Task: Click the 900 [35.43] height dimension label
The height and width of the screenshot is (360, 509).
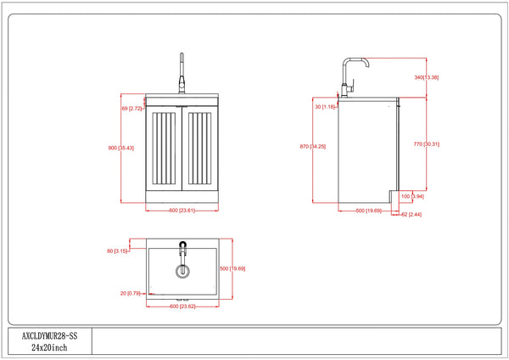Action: (x=121, y=149)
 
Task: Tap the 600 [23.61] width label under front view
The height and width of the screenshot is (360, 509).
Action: (x=182, y=211)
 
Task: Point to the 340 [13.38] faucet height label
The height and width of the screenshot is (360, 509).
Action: (x=426, y=77)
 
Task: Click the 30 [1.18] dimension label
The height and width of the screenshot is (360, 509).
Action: (x=326, y=107)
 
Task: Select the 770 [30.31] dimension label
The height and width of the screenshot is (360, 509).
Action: (x=426, y=144)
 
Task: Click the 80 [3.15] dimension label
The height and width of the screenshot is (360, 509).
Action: (x=117, y=251)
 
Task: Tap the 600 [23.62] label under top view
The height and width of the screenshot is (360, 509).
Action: (x=183, y=306)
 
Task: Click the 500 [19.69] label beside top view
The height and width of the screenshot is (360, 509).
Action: (x=233, y=268)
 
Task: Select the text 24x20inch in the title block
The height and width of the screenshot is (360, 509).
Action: (x=48, y=348)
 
